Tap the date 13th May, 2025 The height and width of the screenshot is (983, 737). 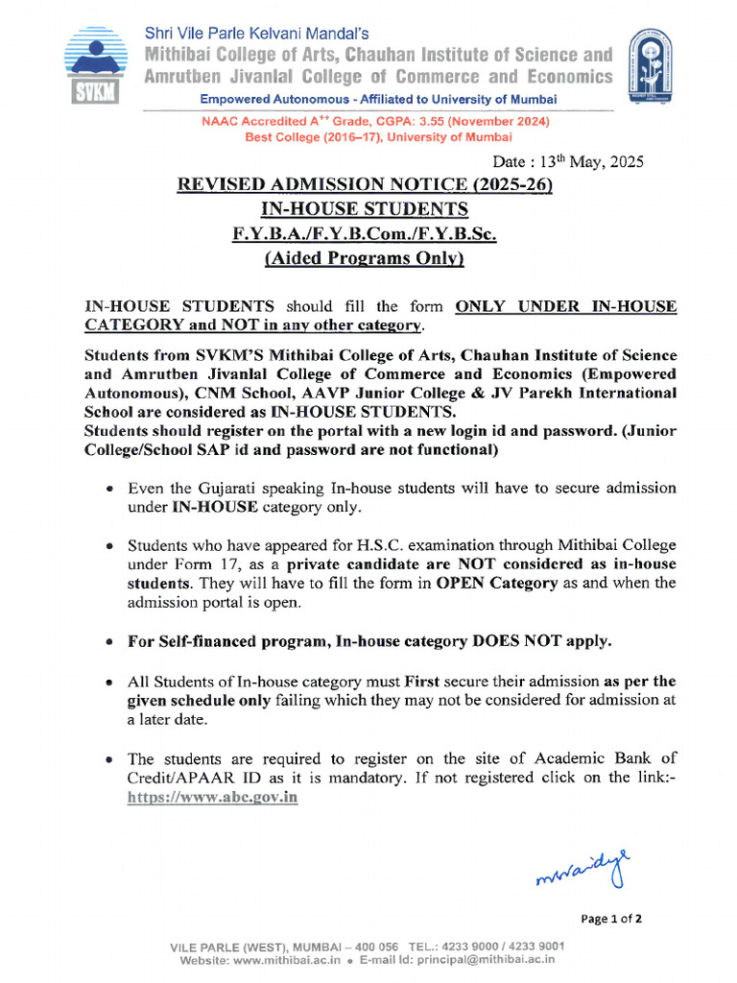pos(568,161)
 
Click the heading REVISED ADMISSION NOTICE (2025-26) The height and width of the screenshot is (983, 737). pos(365,185)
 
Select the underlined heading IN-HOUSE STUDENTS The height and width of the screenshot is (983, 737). pos(365,209)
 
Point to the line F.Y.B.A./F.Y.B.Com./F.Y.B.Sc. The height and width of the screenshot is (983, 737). pos(365,233)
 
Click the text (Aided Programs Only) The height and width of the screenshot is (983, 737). pos(365,258)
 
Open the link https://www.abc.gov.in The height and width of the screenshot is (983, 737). pos(212,798)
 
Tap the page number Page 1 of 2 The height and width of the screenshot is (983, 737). pos(611,919)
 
